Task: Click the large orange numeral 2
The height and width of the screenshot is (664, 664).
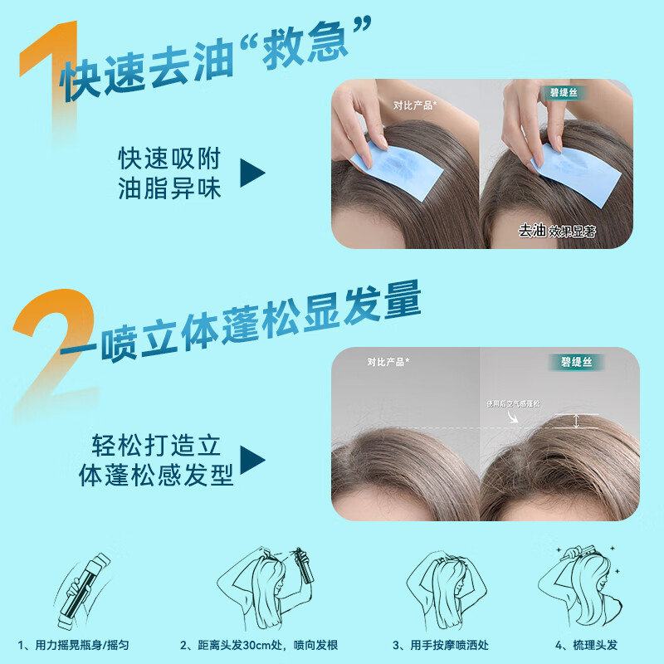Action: click(x=58, y=349)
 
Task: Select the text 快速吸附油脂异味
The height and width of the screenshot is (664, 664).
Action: click(x=169, y=173)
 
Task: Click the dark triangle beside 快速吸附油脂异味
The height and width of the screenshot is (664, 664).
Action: click(x=252, y=173)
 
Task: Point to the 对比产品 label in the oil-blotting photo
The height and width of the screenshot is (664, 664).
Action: click(x=416, y=105)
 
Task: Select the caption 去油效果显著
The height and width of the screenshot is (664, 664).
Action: click(x=557, y=231)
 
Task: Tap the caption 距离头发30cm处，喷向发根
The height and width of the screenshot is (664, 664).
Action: click(x=259, y=645)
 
